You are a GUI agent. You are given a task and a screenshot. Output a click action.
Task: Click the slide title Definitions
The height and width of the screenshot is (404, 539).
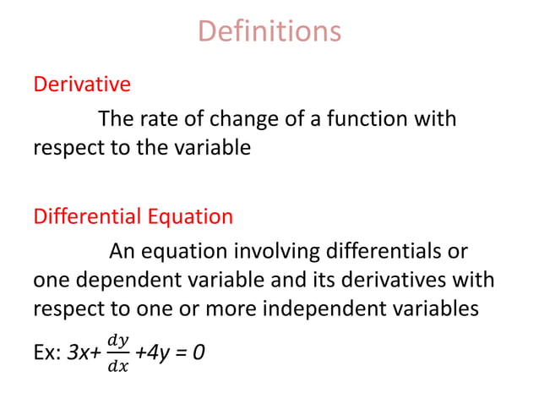(x=269, y=31)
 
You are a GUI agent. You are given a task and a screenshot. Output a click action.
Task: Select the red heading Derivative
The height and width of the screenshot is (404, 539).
(x=82, y=85)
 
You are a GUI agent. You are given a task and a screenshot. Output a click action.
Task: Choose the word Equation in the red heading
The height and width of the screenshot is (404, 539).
(x=191, y=216)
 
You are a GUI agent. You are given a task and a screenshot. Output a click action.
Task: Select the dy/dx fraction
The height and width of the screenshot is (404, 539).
(x=118, y=351)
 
